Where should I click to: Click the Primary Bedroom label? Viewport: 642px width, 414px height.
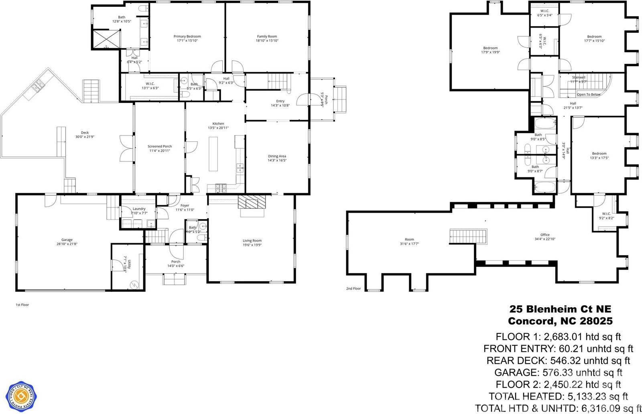187,37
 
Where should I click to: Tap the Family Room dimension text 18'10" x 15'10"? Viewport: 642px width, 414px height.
267,41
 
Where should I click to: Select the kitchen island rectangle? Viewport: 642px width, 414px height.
213,154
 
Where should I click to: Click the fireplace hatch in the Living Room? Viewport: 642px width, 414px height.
252,202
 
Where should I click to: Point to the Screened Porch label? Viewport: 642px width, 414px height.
159,146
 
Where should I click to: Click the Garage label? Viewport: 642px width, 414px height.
67,239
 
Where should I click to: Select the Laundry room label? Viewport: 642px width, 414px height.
139,209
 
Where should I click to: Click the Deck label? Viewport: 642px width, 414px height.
85,133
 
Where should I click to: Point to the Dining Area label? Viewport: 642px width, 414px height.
277,156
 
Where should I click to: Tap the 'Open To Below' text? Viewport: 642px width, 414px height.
589,95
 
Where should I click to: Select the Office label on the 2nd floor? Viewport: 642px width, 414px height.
544,235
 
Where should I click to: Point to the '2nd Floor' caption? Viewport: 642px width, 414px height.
354,288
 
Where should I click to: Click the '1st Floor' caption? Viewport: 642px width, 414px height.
22,305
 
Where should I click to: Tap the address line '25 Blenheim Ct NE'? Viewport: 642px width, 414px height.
560,309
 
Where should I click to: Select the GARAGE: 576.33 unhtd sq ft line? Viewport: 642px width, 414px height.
558,372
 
